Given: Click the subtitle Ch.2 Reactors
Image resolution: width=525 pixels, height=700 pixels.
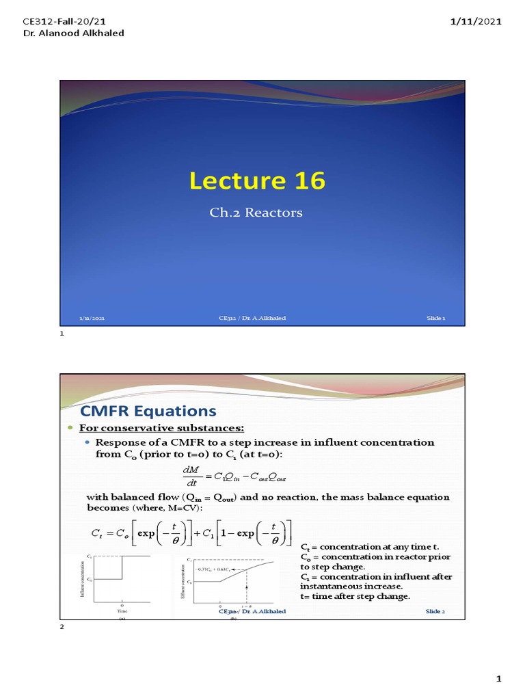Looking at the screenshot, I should tap(256, 213).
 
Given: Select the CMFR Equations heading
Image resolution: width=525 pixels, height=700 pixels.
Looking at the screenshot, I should tap(148, 411).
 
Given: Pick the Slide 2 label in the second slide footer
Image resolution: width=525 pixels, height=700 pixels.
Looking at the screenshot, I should tap(435, 612).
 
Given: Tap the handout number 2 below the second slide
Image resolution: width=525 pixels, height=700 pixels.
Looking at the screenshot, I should tap(62, 629).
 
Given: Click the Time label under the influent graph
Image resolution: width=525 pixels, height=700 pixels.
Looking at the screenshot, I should tap(122, 610).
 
